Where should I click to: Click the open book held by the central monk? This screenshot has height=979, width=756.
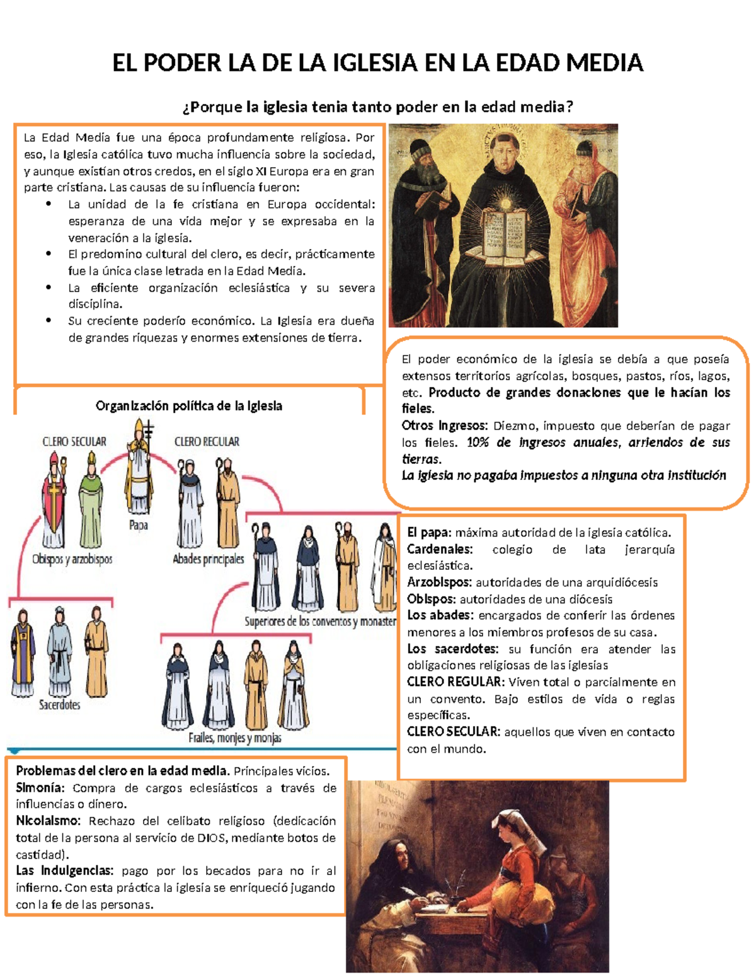(504, 234)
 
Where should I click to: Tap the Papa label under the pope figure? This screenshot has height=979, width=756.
(138, 525)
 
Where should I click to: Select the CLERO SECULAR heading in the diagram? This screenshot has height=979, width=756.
(74, 441)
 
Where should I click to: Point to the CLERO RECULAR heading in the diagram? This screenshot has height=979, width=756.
(207, 441)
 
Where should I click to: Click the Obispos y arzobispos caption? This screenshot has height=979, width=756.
(72, 559)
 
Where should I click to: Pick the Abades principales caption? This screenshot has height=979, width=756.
(208, 559)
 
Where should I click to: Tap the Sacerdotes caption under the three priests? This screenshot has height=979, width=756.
(59, 705)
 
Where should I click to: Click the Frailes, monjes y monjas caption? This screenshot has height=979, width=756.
(234, 738)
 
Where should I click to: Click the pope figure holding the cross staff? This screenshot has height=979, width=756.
(139, 470)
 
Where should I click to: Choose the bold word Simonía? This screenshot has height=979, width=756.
(40, 788)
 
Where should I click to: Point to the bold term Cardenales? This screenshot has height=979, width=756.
(439, 549)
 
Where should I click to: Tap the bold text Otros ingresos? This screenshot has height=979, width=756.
(444, 426)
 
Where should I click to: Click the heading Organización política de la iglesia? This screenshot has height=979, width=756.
(188, 406)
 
